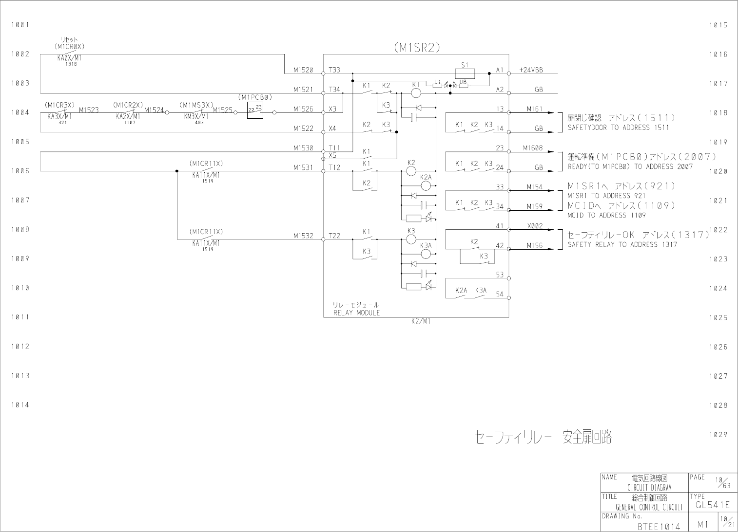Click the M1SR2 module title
click(417, 47)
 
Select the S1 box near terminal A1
click(465, 73)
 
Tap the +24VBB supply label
click(531, 70)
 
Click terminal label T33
click(334, 70)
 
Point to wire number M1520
click(303, 70)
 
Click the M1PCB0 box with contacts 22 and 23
click(255, 110)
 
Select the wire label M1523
click(89, 110)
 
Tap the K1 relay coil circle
click(416, 92)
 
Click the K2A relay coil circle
click(426, 185)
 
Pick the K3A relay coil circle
click(426, 254)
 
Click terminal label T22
click(334, 236)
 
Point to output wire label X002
click(535, 226)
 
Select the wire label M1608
click(533, 148)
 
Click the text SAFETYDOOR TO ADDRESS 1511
click(618, 128)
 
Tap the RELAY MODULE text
click(356, 313)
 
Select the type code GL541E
click(713, 505)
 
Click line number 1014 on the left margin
click(20, 405)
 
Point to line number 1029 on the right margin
click(719, 435)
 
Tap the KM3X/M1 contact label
click(196, 117)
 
